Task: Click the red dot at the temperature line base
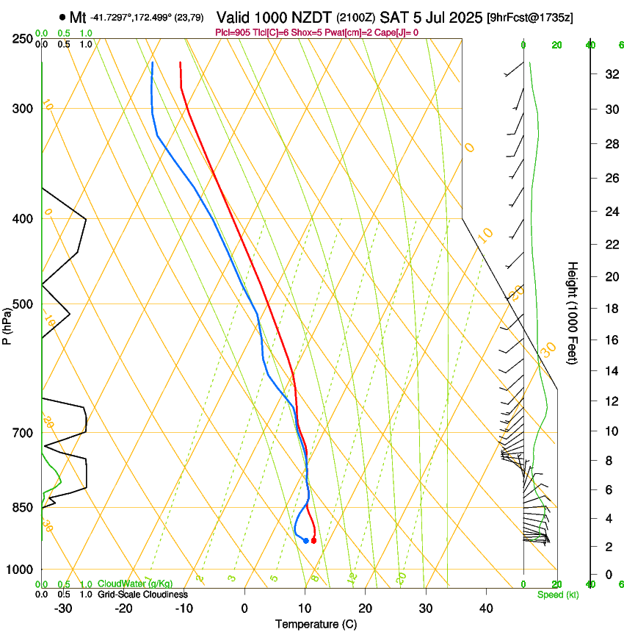coord(313,541)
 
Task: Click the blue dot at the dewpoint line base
coord(305,541)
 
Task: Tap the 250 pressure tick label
coord(23,38)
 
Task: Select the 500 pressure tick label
coord(23,304)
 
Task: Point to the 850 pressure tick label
coord(23,507)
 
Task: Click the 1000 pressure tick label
coord(21,570)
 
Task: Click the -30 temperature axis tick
coord(63,608)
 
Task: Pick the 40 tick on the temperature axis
coord(485,608)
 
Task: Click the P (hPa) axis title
coord(7,324)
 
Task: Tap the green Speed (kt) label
coord(557,595)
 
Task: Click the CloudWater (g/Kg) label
coord(135,584)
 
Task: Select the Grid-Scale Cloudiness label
coord(142,595)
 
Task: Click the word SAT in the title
coord(388,17)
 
